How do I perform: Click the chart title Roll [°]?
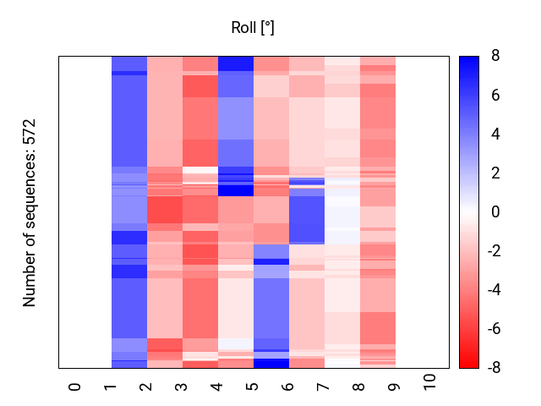tap(253, 28)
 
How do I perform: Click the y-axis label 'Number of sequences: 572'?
tap(30, 212)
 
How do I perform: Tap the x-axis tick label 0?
tap(75, 387)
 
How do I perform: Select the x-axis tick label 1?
tap(111, 387)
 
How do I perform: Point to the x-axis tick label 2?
tap(146, 387)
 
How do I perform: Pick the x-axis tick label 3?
tap(182, 387)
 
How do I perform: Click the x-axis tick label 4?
tap(217, 387)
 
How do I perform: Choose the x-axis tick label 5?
tap(253, 387)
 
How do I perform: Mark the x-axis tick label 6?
tap(288, 387)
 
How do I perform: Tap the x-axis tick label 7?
tap(324, 387)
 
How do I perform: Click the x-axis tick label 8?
tap(359, 387)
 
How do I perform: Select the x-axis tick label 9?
tap(395, 387)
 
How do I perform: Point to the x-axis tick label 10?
tap(430, 383)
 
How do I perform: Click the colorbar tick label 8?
tap(495, 57)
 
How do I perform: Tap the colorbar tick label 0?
tap(495, 212)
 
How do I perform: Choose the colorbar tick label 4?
tap(495, 134)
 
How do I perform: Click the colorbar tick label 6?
tap(495, 96)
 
